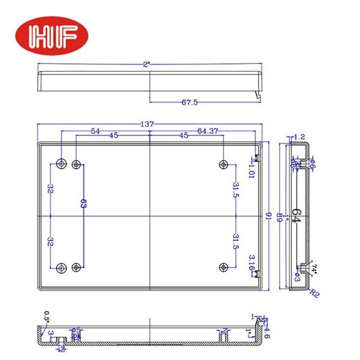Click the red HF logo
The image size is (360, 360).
(52, 36)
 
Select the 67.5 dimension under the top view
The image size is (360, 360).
(189, 103)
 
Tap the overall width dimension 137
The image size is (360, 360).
(148, 124)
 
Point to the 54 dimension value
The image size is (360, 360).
(95, 131)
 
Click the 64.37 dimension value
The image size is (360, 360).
(208, 131)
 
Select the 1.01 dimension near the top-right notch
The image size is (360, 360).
(251, 171)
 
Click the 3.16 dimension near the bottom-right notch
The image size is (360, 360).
(251, 261)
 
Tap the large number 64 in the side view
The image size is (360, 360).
(296, 216)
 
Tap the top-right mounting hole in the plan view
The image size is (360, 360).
(223, 163)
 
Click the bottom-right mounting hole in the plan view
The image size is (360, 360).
(223, 267)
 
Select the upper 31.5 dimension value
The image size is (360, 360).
(235, 189)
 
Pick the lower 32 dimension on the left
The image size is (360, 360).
(50, 241)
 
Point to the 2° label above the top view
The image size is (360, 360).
(146, 64)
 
